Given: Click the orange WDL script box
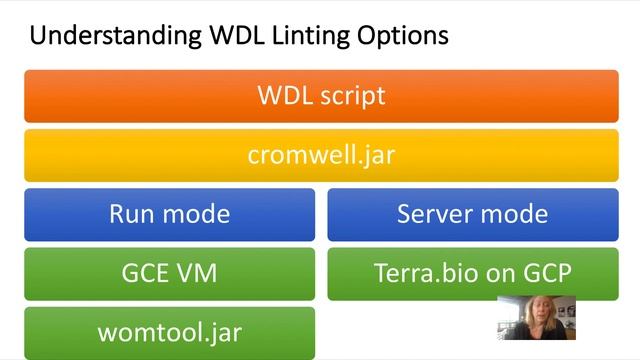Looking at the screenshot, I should [320, 96].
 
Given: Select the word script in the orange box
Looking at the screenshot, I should [351, 96].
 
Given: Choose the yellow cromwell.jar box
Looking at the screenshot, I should [320, 155].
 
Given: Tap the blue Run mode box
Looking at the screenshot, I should [169, 214].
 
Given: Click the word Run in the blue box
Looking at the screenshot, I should [130, 214].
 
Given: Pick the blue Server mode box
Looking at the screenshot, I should [473, 214].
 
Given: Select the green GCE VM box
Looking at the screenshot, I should [169, 272].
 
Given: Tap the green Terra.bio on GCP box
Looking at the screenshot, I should [473, 272].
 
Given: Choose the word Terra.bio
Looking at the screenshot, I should [420, 272].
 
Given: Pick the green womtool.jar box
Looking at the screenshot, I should [169, 331].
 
